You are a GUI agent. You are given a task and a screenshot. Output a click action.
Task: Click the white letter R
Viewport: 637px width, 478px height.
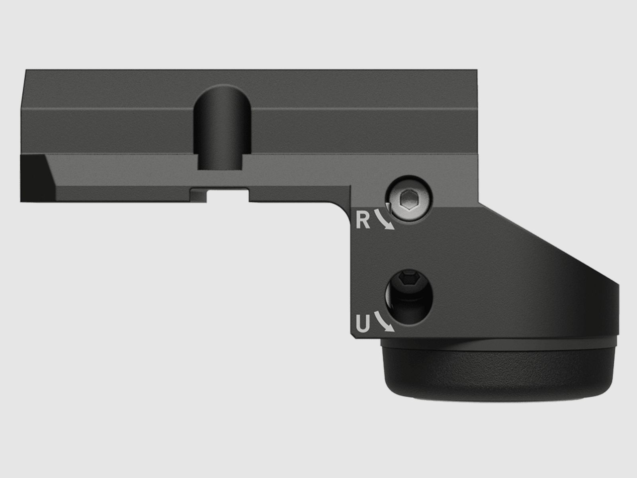363,220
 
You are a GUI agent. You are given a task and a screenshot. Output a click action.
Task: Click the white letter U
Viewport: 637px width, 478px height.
362,324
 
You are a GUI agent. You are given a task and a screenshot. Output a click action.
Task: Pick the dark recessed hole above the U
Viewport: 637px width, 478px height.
408,297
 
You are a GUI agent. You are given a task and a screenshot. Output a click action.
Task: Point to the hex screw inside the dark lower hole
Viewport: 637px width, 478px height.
408,280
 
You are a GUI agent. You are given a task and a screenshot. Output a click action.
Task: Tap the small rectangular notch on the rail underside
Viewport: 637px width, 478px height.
228,195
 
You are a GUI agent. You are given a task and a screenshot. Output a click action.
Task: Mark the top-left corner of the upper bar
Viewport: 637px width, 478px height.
26,71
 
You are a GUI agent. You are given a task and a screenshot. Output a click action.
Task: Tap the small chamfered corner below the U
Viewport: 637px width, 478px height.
354,337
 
